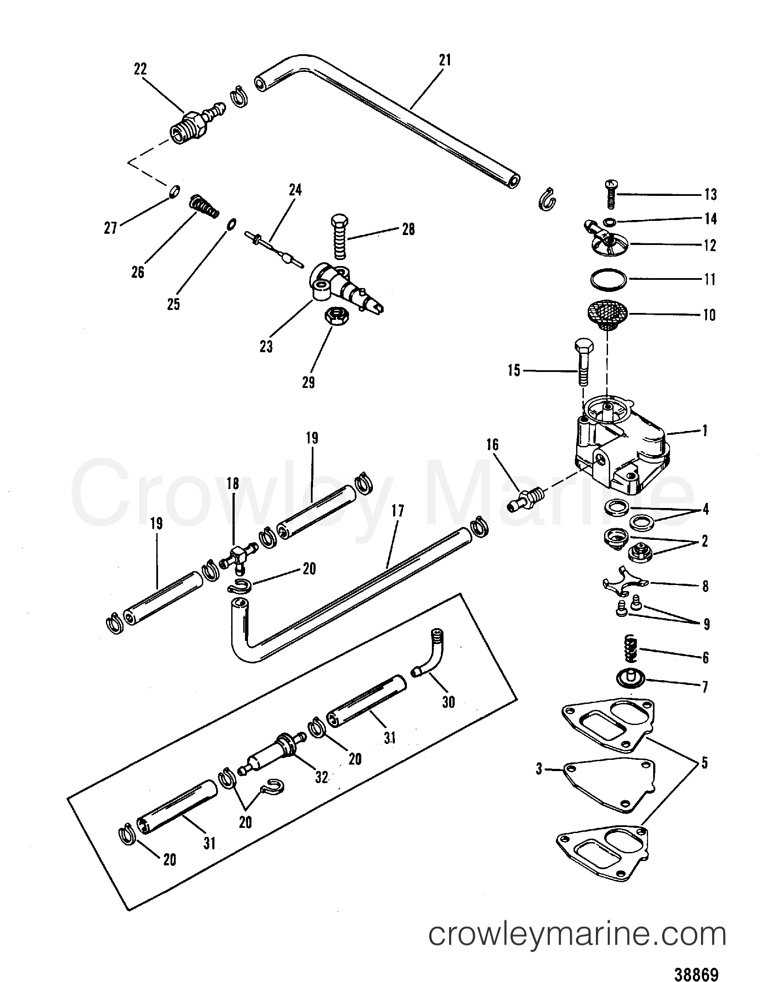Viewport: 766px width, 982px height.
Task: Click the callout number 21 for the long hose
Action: [444, 60]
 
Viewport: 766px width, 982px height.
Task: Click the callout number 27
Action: [110, 229]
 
